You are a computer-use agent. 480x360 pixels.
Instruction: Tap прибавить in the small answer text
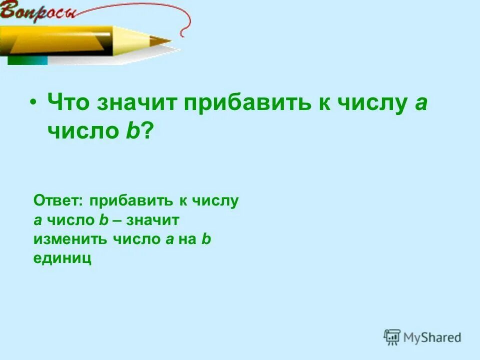click(130, 201)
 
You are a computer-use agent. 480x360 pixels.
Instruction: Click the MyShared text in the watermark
click(432, 337)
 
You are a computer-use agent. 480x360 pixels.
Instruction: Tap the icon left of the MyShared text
click(392, 337)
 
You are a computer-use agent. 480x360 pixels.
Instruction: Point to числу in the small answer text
click(215, 201)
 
